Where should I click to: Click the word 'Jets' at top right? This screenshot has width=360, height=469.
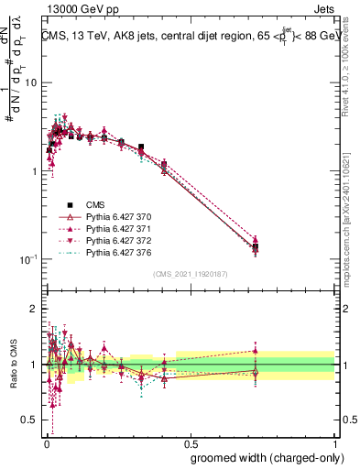coord(322,8)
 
